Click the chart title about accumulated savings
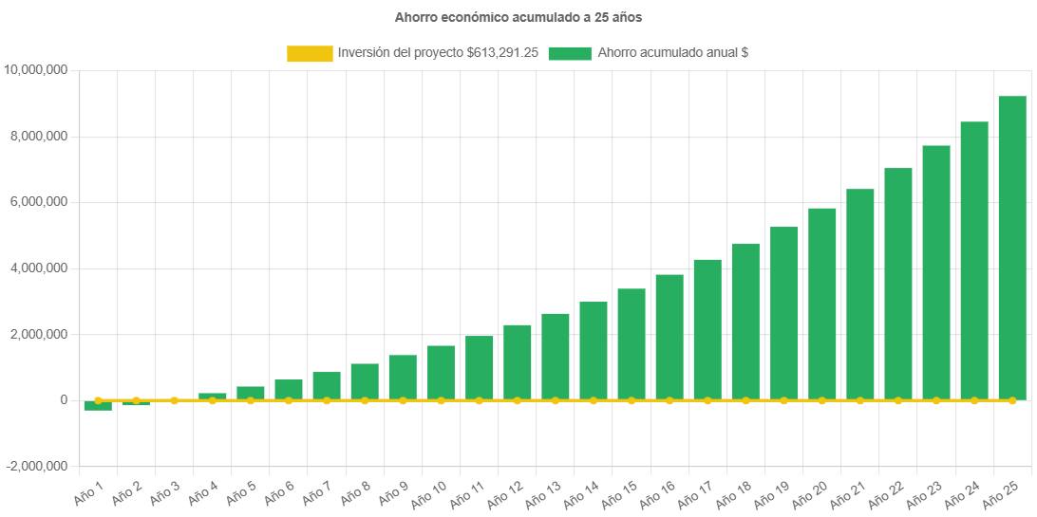click(x=518, y=17)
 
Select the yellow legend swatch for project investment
click(x=310, y=54)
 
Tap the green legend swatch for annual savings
click(x=570, y=54)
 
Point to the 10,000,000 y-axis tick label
click(x=35, y=70)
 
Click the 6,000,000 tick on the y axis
click(x=39, y=202)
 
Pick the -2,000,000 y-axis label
click(x=37, y=467)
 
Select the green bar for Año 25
click(x=1012, y=248)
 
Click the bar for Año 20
click(x=821, y=304)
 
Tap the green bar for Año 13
click(x=556, y=356)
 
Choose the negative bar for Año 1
click(x=98, y=406)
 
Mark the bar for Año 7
click(x=327, y=385)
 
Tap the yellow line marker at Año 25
click(x=1012, y=401)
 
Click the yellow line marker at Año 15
click(x=632, y=401)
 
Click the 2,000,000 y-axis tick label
click(x=39, y=335)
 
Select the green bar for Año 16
click(x=669, y=337)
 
